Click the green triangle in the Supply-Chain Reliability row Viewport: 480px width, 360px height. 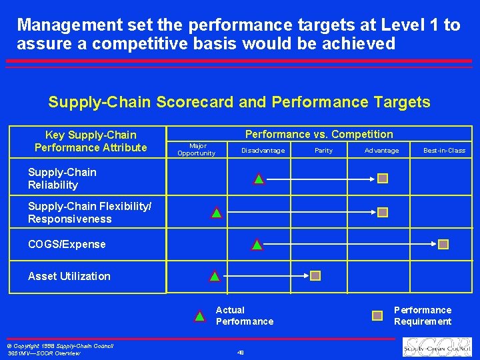[259, 179]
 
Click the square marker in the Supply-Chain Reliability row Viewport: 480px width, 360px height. [383, 178]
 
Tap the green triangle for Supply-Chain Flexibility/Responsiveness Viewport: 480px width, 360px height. [217, 213]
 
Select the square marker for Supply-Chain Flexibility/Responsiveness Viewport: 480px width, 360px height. [383, 212]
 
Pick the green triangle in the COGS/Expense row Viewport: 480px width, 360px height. [257, 245]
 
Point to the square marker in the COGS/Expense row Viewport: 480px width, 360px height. [443, 244]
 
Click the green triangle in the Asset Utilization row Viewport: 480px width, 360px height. [215, 276]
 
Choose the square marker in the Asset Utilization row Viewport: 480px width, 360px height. [315, 275]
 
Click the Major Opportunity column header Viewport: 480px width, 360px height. [196, 149]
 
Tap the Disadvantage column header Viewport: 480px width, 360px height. [263, 151]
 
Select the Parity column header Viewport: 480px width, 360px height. [323, 151]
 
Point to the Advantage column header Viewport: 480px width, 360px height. [381, 151]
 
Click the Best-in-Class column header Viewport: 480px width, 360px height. [444, 151]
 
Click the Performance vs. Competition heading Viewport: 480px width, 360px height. [319, 134]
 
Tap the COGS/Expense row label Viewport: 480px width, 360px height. [67, 244]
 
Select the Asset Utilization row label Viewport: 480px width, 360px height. [69, 276]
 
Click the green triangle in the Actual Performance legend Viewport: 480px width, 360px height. [199, 316]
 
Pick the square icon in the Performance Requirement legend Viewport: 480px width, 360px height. [377, 315]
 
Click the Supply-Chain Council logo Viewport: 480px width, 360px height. [437, 347]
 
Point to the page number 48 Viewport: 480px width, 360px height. [240, 352]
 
